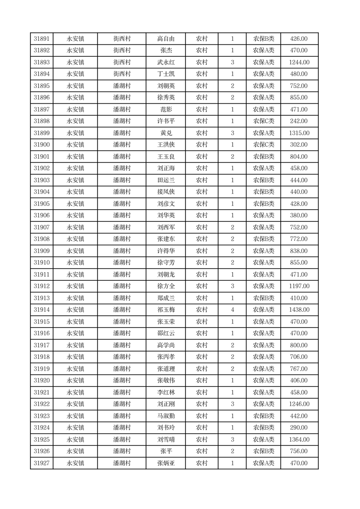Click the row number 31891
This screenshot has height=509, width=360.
[42, 39]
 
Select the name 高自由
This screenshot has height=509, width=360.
[165, 39]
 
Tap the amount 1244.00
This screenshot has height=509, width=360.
[299, 63]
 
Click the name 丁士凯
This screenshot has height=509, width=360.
[165, 74]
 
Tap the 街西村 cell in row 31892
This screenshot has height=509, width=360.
[122, 51]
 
